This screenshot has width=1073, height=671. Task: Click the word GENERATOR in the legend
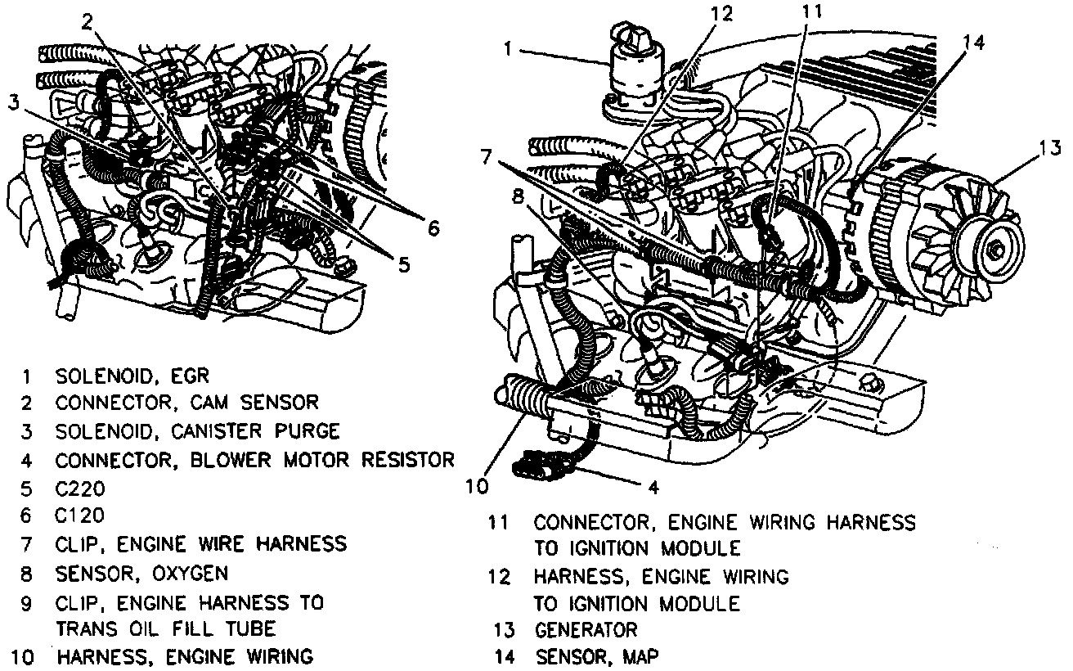586,629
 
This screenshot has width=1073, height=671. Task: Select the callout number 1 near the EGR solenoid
509,49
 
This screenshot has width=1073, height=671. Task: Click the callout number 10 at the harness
478,487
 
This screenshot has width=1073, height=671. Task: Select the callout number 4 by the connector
653,488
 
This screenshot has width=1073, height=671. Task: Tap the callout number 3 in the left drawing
13,103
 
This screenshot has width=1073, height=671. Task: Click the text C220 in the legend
80,489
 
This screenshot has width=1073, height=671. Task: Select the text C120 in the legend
80,516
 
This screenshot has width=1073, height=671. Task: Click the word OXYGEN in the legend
185,572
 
